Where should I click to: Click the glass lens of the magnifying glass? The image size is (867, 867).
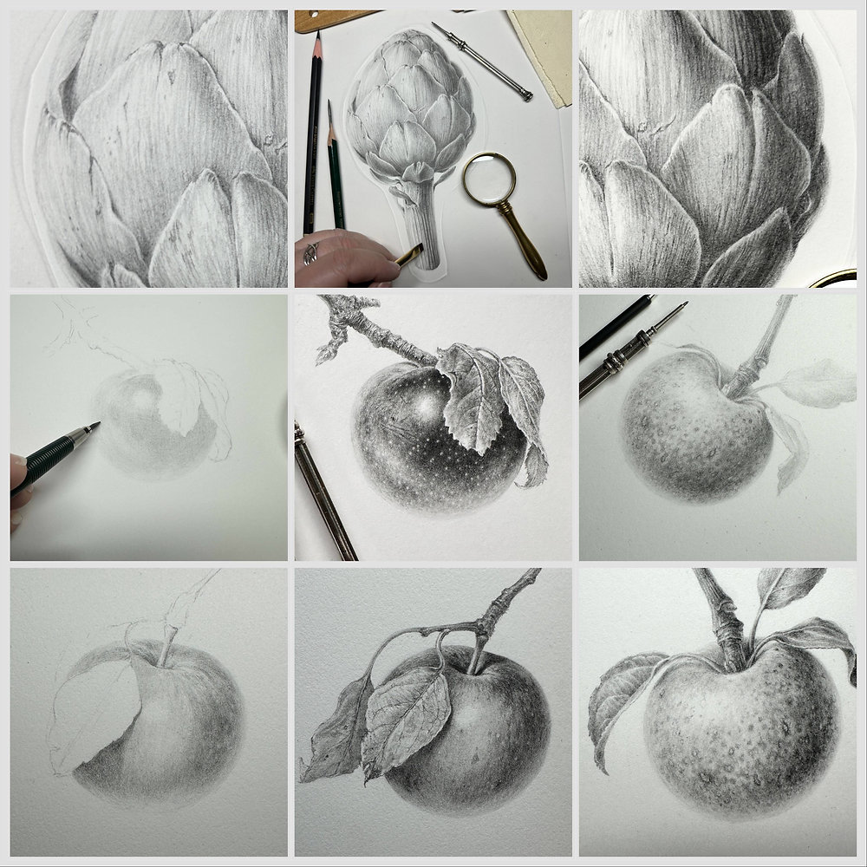tap(488, 179)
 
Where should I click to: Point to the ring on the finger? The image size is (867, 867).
tap(311, 252)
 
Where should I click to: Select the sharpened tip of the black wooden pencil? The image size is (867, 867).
tap(317, 36)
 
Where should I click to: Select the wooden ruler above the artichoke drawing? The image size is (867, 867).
tap(338, 20)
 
